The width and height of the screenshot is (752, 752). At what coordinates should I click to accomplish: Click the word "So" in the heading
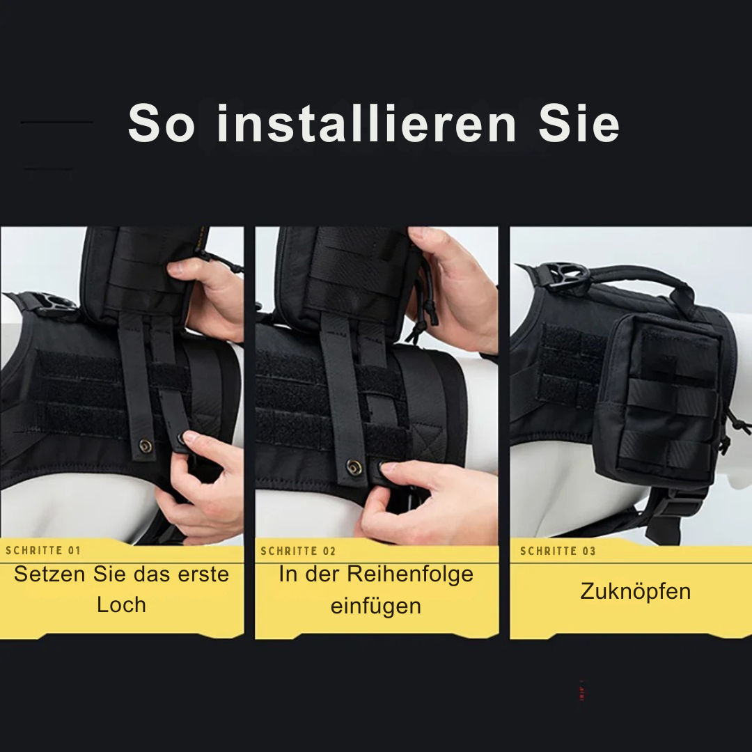(161, 124)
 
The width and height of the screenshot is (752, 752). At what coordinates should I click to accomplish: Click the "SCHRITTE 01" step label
(43, 551)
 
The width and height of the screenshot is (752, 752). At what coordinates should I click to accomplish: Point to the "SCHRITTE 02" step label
(298, 551)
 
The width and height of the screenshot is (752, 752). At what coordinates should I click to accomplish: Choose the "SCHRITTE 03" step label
(558, 551)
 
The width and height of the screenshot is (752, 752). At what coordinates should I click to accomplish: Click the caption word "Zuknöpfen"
(635, 592)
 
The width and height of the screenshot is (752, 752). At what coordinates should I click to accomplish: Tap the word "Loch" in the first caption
(121, 604)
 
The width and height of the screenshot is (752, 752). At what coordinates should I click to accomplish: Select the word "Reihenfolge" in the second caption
(410, 574)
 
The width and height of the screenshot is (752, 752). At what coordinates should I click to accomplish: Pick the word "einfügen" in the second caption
(375, 606)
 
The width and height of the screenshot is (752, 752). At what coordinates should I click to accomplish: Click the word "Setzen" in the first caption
(50, 574)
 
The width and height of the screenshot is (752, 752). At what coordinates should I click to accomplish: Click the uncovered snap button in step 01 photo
(145, 446)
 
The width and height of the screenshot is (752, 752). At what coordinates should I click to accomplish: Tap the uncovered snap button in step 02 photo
(354, 467)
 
